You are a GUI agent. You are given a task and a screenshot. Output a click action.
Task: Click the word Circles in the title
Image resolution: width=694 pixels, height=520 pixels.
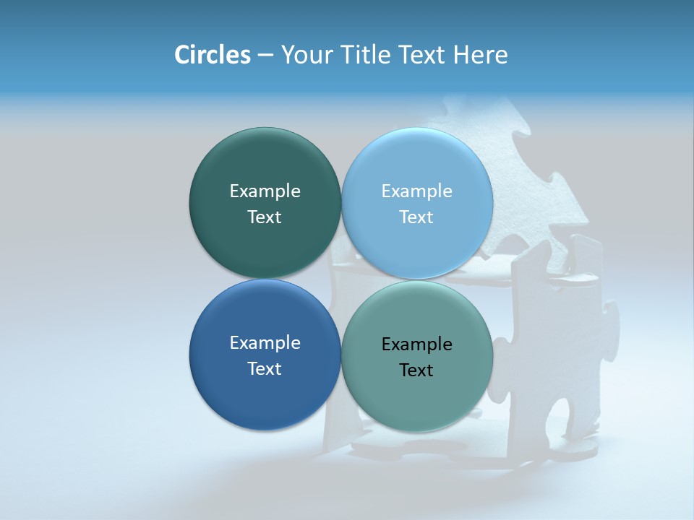point(212,55)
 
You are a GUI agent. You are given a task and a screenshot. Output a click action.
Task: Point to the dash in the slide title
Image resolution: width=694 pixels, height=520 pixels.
point(265,56)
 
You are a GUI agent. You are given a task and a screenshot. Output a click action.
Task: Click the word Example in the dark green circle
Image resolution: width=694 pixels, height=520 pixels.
point(265,191)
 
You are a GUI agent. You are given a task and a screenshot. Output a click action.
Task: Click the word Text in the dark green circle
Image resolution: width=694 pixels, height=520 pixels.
point(265,217)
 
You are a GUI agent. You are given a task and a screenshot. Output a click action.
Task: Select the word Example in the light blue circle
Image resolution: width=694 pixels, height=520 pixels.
point(417,191)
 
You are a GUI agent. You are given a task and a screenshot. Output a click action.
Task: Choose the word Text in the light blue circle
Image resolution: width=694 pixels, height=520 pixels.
point(417,217)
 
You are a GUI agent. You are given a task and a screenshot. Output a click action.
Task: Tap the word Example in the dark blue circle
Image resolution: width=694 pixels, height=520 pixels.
point(265,342)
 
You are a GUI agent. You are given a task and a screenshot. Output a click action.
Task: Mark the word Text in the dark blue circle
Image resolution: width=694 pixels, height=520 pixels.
point(265,368)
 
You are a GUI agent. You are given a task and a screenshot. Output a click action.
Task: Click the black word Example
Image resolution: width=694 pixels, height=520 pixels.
point(417,344)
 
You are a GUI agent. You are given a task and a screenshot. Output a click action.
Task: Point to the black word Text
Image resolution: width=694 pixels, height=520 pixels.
point(417,370)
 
